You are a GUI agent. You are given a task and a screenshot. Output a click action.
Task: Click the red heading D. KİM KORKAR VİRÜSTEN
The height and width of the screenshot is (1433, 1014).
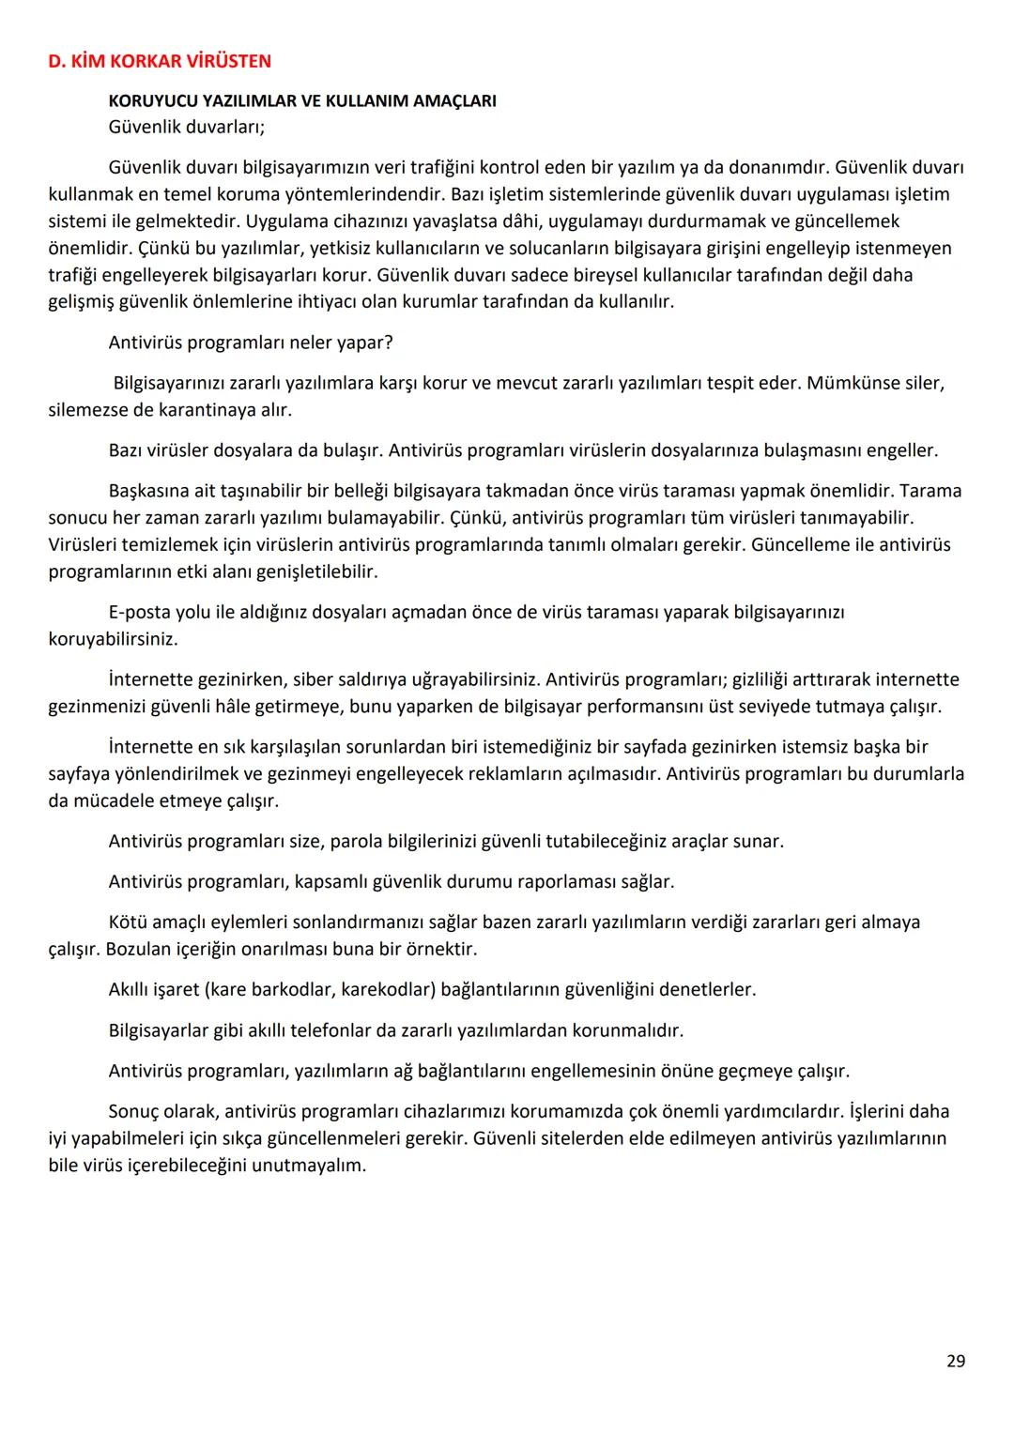(x=160, y=62)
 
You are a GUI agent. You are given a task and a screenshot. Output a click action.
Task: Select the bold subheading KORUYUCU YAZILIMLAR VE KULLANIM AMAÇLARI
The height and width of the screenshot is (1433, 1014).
(x=302, y=101)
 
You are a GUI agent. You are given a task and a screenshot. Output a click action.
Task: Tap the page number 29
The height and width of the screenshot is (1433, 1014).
(x=955, y=1361)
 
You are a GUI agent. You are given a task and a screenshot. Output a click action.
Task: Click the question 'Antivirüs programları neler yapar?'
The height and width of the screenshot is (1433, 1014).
(x=251, y=343)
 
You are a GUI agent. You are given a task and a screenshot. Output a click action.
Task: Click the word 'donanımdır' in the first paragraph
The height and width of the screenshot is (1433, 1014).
(x=777, y=168)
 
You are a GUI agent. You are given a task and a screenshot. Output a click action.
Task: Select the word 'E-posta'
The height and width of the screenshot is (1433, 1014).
(x=140, y=613)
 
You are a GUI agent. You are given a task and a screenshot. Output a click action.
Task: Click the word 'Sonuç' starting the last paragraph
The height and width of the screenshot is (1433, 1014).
(x=137, y=1112)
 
